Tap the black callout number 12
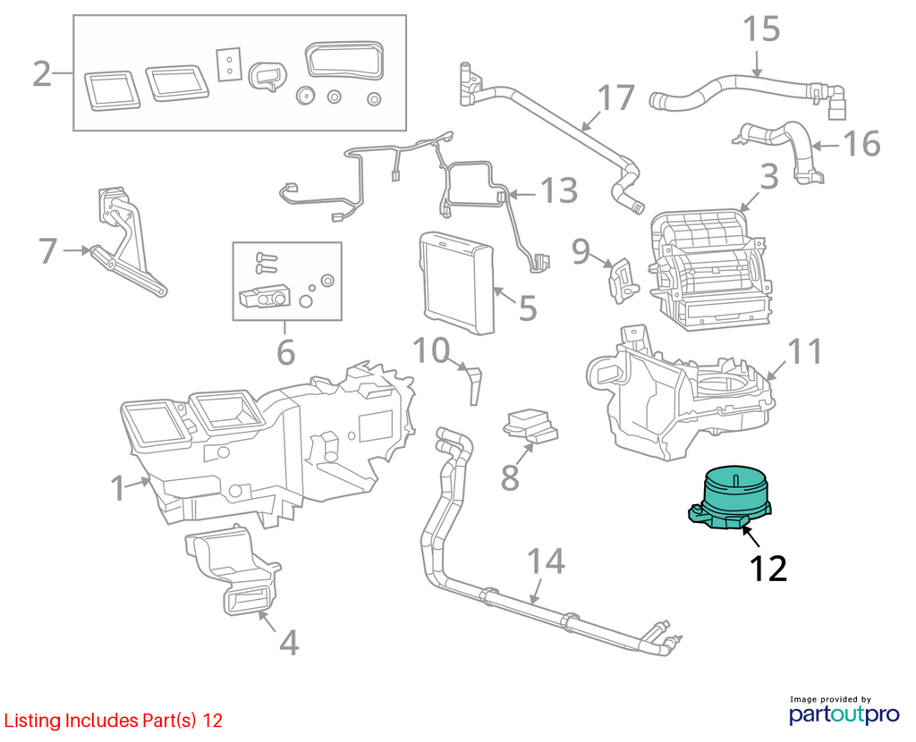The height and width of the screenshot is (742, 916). pos(768,569)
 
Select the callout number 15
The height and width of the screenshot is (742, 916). pos(761,30)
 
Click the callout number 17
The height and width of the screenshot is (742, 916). pos(616,97)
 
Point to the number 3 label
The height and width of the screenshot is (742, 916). pos(769,176)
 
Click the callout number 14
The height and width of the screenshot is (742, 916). pos(547,561)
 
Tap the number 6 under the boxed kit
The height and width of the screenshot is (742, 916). pos(285,352)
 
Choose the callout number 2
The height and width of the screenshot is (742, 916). pos(42,74)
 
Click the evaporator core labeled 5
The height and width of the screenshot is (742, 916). pos(456,282)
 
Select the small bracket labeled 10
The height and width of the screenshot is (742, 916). pos(474,384)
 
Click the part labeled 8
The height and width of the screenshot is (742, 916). pos(530,426)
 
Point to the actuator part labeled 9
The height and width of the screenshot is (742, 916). pos(623,281)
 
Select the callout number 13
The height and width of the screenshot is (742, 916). pos(559,190)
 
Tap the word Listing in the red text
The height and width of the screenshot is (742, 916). pos(33,721)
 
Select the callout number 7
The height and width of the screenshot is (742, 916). pos(48,250)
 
